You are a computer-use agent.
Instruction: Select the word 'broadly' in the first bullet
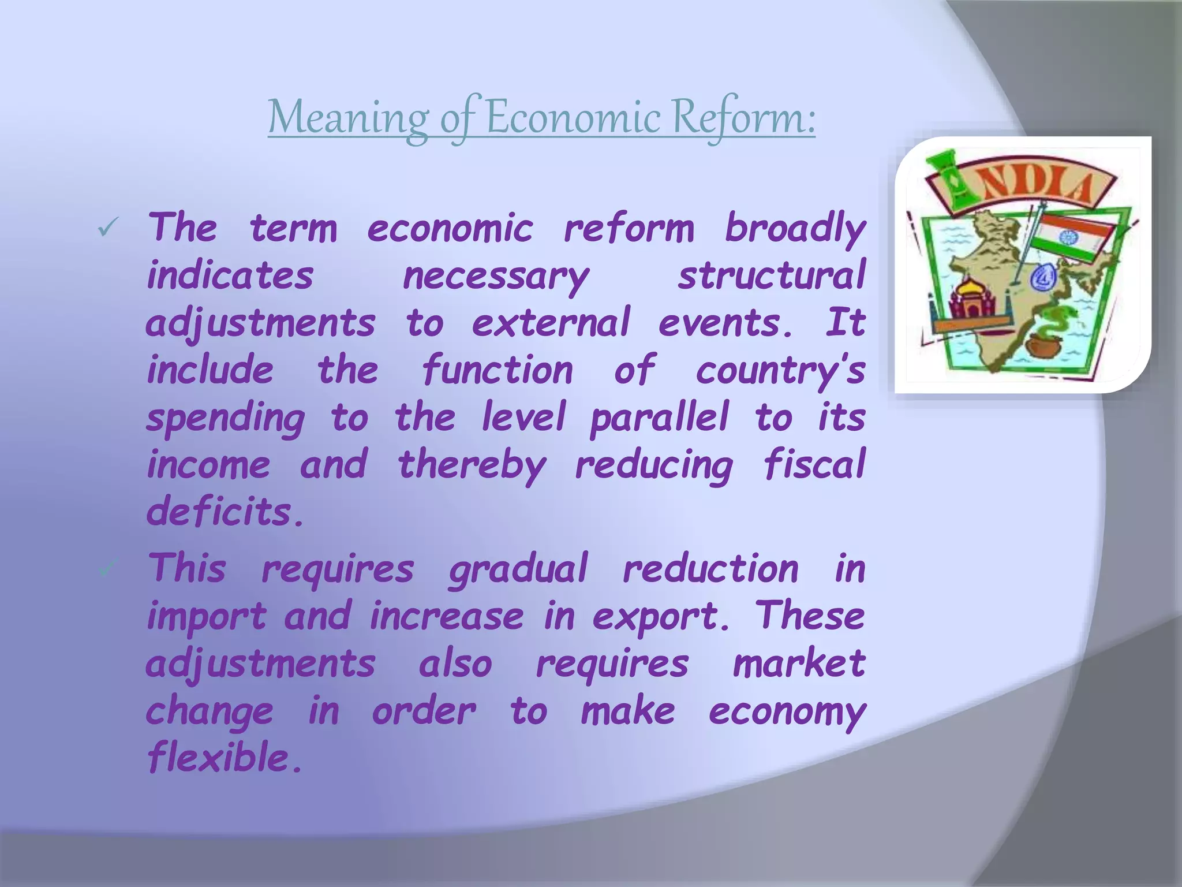[x=795, y=229]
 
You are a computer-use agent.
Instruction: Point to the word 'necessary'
[x=496, y=277]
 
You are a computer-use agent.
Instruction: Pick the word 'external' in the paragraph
[x=551, y=323]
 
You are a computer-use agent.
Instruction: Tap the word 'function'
[x=498, y=370]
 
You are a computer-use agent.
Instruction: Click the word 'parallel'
[x=660, y=418]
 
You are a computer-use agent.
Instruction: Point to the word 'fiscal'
[x=814, y=464]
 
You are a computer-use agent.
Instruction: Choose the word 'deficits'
[x=225, y=512]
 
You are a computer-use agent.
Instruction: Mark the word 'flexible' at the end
[x=225, y=757]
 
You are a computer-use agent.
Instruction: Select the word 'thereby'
[x=472, y=465]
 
